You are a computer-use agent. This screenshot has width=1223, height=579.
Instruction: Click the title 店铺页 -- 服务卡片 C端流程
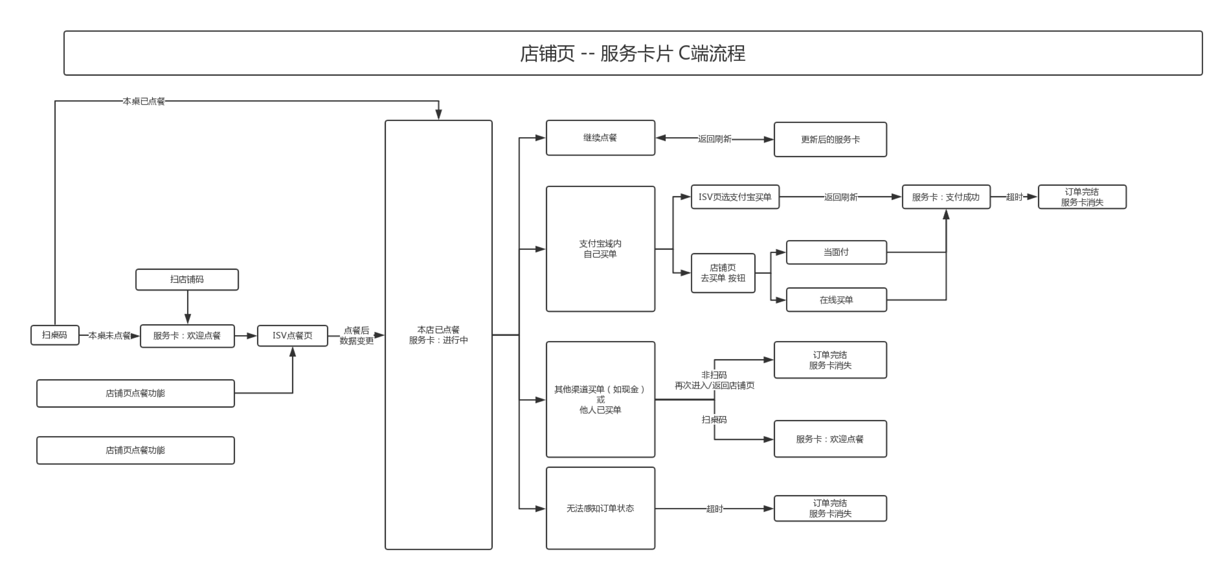tap(632, 53)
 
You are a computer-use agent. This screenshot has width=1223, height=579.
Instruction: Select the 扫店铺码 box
tap(186, 280)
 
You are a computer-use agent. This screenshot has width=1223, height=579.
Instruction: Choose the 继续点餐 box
tap(600, 138)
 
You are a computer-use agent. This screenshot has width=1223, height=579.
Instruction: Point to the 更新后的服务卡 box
tap(830, 139)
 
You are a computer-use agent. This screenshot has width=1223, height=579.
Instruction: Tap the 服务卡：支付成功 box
tap(946, 197)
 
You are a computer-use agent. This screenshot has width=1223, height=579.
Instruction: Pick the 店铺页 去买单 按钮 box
tap(723, 273)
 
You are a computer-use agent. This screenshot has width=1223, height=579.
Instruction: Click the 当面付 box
tap(836, 252)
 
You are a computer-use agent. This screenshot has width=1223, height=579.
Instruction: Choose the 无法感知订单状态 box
tap(600, 508)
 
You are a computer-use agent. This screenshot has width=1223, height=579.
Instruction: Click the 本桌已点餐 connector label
tap(143, 101)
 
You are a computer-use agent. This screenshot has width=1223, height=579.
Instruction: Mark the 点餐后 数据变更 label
tap(356, 335)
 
